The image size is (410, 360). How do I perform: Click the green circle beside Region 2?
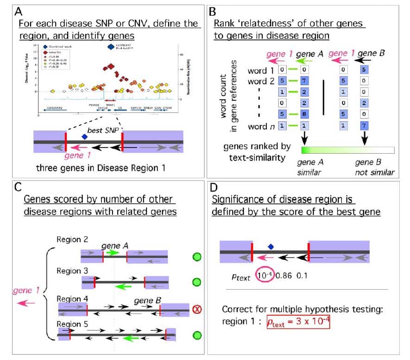tap(196, 256)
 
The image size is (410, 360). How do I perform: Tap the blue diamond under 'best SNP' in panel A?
tap(84, 136)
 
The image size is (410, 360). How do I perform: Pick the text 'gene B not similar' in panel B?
tap(374, 167)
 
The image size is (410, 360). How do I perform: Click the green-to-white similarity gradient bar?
tap(347, 150)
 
